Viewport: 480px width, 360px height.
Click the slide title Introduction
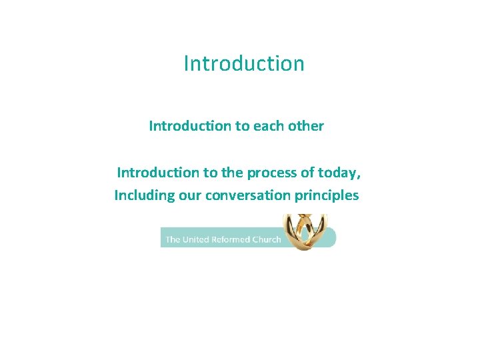(x=244, y=63)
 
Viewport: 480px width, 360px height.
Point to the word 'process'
(x=271, y=173)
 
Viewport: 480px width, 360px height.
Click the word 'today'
(x=342, y=173)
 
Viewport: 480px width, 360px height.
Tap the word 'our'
(x=189, y=196)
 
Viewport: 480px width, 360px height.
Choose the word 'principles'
(x=326, y=196)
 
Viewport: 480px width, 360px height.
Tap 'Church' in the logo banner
(x=267, y=239)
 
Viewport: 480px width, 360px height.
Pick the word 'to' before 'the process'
(x=210, y=173)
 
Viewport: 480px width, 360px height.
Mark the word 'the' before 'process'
(x=232, y=173)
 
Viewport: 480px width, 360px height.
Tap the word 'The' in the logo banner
(x=173, y=239)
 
